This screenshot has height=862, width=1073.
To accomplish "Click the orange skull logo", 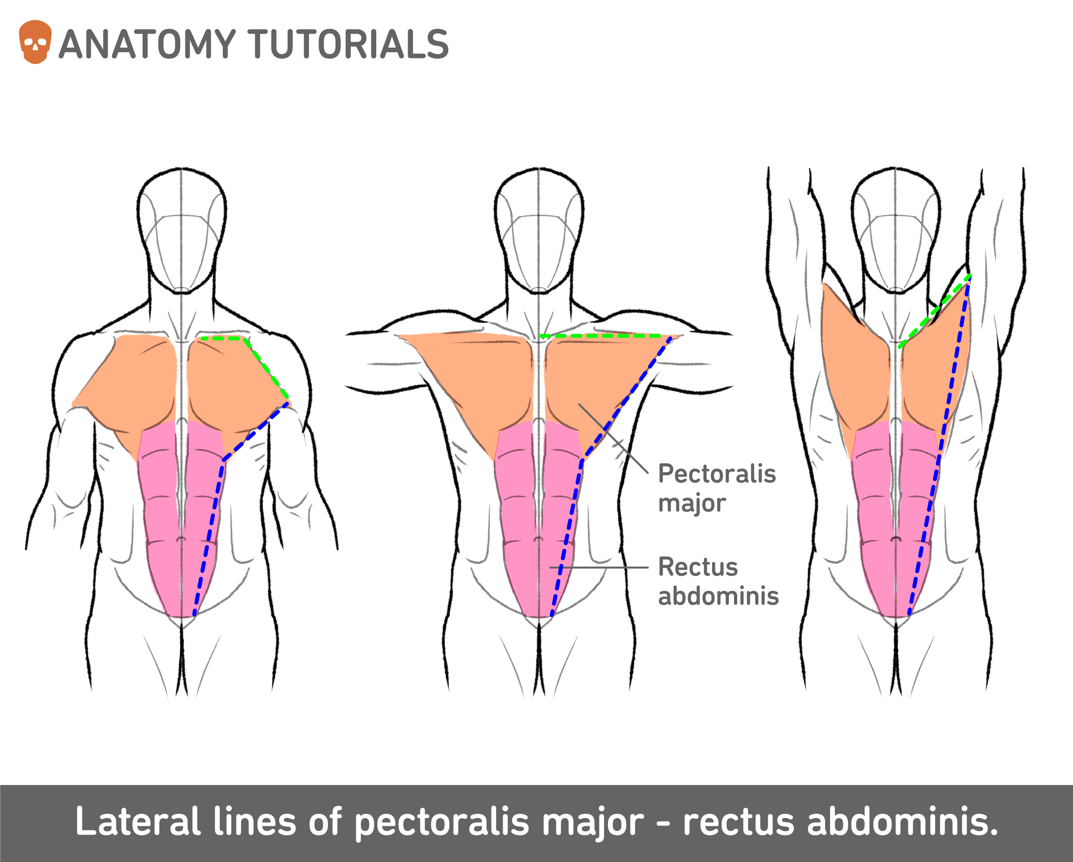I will point(35,42).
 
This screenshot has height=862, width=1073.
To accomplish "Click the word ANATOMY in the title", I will point(147,45).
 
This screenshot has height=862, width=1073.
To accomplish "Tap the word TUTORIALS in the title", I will point(348,45).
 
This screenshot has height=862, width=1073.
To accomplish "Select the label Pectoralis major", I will point(717,488).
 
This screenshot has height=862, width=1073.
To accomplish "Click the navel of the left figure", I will point(181,540).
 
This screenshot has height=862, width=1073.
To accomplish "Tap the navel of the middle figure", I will point(538,540).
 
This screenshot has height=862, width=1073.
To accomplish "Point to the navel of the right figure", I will point(896,540).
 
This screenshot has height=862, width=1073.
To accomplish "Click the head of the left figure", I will point(182,229).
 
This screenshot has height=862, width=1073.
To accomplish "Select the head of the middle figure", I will point(538,229).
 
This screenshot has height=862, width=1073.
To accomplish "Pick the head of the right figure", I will point(896,229).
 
